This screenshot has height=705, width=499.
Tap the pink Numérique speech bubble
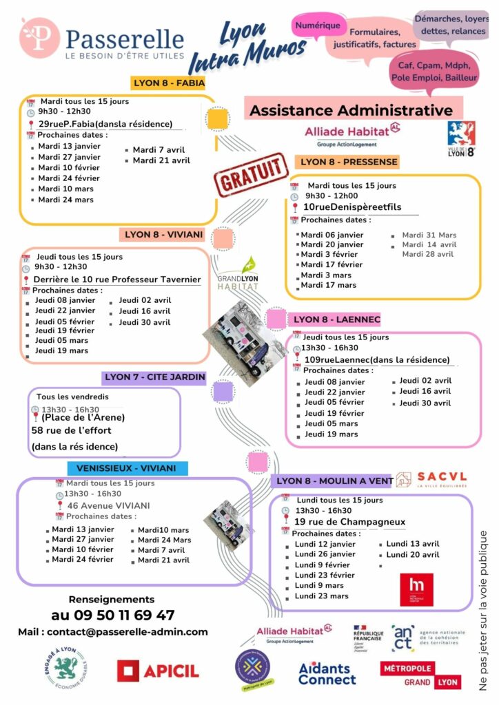click(x=318, y=26)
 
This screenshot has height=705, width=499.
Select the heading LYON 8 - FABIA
click(x=168, y=83)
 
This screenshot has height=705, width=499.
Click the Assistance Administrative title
click(x=351, y=110)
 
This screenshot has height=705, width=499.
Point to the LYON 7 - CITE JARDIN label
click(x=155, y=377)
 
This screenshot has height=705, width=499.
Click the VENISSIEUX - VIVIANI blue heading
click(x=127, y=468)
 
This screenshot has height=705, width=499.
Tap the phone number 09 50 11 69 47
click(x=112, y=615)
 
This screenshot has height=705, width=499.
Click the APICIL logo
click(x=158, y=670)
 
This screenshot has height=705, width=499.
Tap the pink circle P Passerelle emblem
click(x=39, y=38)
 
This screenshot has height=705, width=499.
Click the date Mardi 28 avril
click(x=428, y=254)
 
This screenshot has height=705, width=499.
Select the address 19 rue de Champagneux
click(x=349, y=522)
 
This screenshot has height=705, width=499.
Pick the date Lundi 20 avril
click(x=412, y=554)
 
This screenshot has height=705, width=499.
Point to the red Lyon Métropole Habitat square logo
click(x=417, y=589)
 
